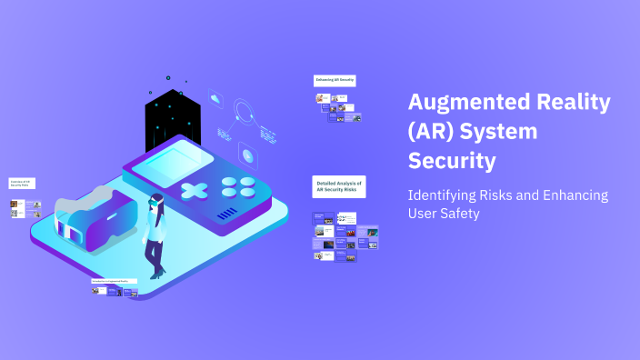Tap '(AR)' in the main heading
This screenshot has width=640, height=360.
(x=429, y=132)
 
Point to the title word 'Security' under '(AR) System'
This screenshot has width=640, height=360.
(x=452, y=162)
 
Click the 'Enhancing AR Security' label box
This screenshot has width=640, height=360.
(x=335, y=81)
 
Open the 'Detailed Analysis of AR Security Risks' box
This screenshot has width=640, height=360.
(x=338, y=187)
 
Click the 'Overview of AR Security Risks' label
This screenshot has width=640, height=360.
(x=22, y=184)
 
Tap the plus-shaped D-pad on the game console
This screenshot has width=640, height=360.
(x=194, y=190)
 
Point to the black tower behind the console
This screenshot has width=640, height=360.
(x=172, y=117)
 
